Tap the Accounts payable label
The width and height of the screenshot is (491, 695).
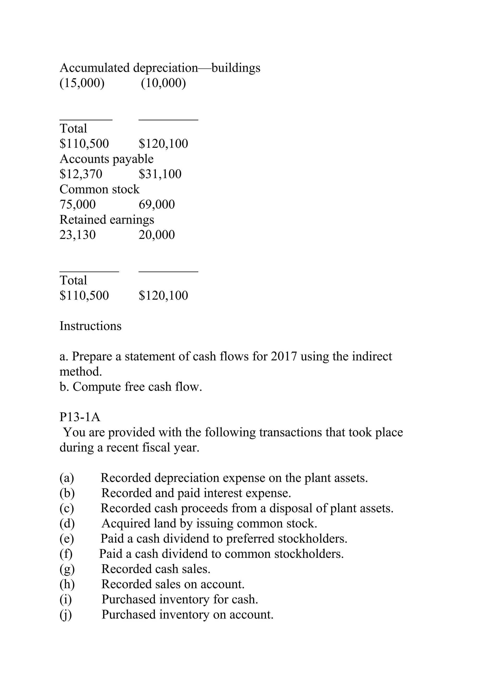pyautogui.click(x=106, y=159)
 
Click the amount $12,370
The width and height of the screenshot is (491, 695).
pyautogui.click(x=81, y=174)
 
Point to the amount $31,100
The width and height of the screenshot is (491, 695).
pyautogui.click(x=160, y=174)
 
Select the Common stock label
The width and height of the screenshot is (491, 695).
pyautogui.click(x=99, y=189)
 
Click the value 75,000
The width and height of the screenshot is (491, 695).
pyautogui.click(x=77, y=204)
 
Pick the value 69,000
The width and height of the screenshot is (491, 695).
pyautogui.click(x=157, y=204)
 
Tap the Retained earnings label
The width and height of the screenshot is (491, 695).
pyautogui.click(x=107, y=219)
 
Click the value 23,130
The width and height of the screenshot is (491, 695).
pyautogui.click(x=77, y=235)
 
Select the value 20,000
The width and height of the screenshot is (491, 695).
pyautogui.click(x=157, y=235)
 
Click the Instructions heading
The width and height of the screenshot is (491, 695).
pyautogui.click(x=90, y=326)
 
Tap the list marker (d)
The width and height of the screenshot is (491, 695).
pyautogui.click(x=67, y=523)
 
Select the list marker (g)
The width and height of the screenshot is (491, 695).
pyautogui.click(x=67, y=569)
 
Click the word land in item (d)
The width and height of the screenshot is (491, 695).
pyautogui.click(x=165, y=523)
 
